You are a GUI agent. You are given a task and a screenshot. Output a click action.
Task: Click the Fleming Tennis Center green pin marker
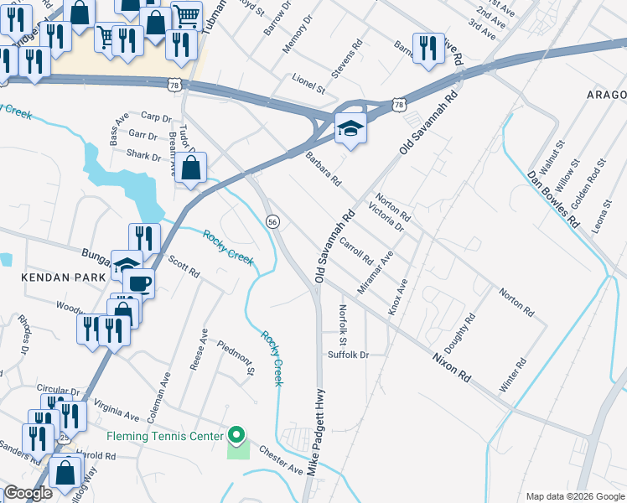pos(236,435)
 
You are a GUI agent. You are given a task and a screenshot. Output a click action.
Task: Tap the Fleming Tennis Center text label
pos(164,436)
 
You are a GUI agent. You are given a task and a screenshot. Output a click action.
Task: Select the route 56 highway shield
pos(272,221)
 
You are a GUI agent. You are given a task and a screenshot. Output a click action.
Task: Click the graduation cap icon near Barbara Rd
pos(350,129)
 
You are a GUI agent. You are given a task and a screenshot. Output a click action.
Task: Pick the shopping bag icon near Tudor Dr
pos(191,167)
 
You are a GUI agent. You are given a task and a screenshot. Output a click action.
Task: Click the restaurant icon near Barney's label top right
pos(428,49)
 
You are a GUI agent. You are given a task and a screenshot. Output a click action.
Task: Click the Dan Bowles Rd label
pos(553,200)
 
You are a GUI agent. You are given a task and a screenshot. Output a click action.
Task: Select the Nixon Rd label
pos(453,366)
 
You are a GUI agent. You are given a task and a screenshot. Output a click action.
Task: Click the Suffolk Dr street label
pos(348,355)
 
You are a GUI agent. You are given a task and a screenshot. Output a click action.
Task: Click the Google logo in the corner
pos(28,493)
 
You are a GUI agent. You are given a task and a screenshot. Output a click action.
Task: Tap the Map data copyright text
pos(574,496)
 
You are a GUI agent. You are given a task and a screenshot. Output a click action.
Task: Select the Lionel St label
pos(308,86)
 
